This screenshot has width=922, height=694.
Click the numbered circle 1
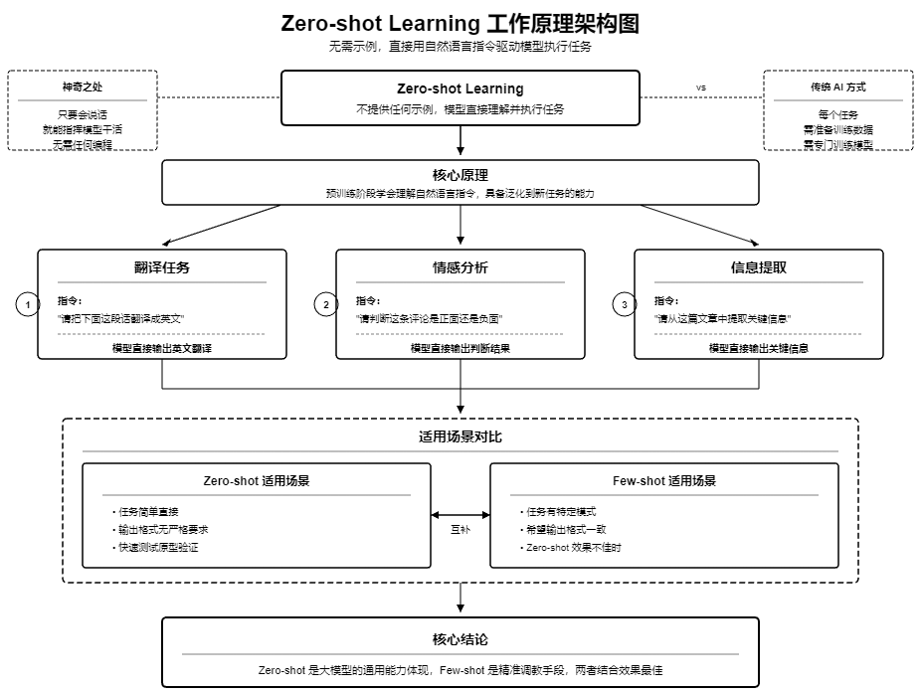[28, 304]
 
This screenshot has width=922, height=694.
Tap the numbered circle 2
[326, 304]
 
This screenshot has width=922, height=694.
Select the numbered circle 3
[625, 304]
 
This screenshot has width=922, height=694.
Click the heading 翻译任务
[162, 268]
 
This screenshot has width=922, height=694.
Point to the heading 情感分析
[461, 268]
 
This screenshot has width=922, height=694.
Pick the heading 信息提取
[759, 268]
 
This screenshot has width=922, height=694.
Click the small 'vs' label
[701, 87]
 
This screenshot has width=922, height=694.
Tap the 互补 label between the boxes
[461, 530]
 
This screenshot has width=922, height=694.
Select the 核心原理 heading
[461, 175]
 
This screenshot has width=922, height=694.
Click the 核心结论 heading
[461, 639]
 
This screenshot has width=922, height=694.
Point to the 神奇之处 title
[83, 87]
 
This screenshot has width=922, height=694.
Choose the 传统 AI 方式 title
[838, 87]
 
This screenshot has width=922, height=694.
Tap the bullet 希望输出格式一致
[565, 529]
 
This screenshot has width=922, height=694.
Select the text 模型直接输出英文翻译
[162, 349]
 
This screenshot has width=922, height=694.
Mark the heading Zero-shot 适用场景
[256, 481]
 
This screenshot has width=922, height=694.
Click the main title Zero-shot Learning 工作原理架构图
[461, 23]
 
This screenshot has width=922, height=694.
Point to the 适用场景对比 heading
[461, 436]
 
